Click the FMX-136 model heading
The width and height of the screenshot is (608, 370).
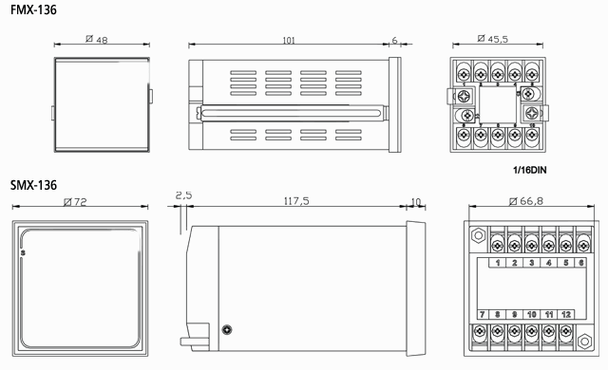point(33,9)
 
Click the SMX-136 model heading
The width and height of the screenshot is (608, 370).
point(33,185)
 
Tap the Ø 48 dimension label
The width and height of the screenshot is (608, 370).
point(97,40)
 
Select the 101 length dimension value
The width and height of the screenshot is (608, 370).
point(289,40)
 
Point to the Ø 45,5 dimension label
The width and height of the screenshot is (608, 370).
point(492,39)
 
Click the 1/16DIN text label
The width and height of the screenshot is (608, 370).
point(530,170)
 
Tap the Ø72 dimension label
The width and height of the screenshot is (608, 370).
point(75,202)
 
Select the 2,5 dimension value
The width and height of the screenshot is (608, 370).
point(183,195)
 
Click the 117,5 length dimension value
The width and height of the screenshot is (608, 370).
point(296,201)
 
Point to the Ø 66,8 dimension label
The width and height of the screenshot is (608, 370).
point(526,201)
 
